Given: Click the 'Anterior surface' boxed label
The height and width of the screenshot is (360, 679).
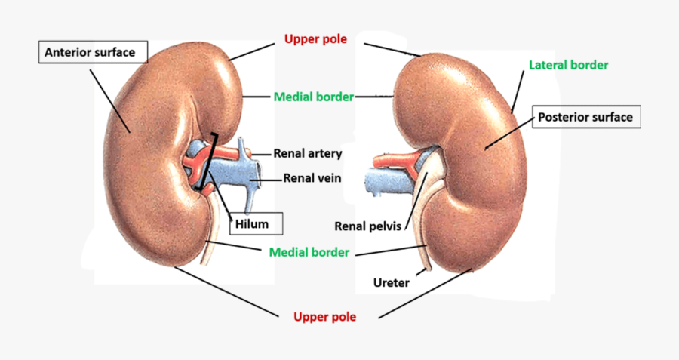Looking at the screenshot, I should (x=90, y=53).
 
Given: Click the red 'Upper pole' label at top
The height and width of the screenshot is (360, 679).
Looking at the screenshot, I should (x=315, y=38).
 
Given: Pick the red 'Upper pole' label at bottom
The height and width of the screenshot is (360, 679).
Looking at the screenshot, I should (x=324, y=317).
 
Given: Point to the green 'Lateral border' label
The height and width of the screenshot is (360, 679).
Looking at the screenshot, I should (x=568, y=65).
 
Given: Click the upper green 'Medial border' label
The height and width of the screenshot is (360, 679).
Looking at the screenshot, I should (x=312, y=97).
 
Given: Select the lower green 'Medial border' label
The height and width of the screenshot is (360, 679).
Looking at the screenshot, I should (x=309, y=252).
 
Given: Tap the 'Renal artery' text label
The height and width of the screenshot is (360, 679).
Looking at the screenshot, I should (x=308, y=154).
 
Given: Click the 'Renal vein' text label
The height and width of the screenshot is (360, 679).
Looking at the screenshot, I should (x=312, y=179).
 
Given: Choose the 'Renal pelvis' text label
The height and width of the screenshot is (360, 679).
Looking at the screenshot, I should (x=367, y=226).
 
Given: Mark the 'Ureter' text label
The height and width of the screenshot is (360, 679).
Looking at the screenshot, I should (x=392, y=283).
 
